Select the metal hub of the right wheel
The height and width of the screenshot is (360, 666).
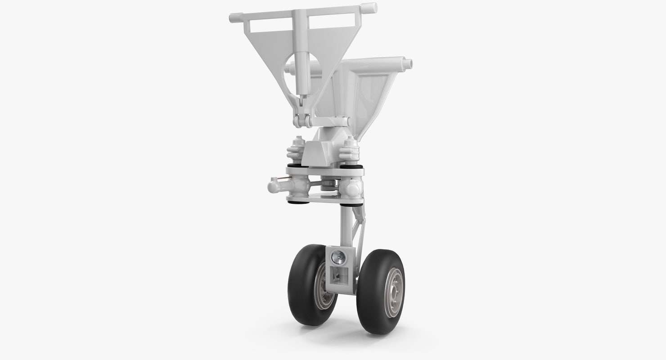[x=394, y=292]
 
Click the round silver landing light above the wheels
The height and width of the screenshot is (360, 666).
[x=338, y=258]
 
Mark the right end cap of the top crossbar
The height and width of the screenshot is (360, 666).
[x=370, y=8]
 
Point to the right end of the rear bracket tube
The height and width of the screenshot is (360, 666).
[x=407, y=64]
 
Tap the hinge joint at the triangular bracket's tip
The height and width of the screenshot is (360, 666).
[x=302, y=121]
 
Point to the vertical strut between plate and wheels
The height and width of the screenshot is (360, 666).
[x=346, y=225]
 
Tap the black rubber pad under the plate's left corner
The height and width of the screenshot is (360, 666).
[x=297, y=202]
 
